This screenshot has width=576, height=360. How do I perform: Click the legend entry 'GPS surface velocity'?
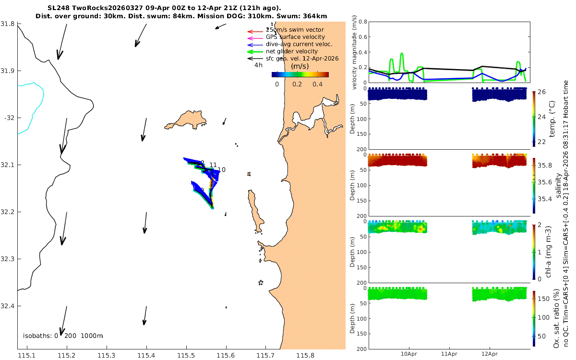[295, 37]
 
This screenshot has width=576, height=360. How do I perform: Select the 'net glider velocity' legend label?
[292, 51]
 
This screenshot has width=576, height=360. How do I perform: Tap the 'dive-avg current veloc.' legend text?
[299, 44]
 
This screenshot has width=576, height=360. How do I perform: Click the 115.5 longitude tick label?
[186, 356]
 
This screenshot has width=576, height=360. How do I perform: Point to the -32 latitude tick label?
[9, 118]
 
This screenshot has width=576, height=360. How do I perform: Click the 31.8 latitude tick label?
[8, 24]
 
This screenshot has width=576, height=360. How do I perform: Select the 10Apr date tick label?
[409, 354]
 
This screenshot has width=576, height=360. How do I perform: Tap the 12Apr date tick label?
[489, 354]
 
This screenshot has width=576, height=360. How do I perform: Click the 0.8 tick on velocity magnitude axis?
[363, 22]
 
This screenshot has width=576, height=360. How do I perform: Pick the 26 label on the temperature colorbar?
[541, 92]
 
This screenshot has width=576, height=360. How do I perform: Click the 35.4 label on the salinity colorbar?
[545, 199]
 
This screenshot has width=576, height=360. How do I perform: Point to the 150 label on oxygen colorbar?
[543, 299]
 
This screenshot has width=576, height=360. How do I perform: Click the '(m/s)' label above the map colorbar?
[300, 66]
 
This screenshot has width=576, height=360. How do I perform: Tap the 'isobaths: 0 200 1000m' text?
[63, 336]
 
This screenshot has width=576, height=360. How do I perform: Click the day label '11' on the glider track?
[213, 165]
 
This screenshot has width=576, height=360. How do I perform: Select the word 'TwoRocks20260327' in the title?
[107, 8]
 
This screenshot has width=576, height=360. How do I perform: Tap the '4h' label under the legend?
[258, 65]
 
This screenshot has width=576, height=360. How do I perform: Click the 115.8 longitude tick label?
[305, 356]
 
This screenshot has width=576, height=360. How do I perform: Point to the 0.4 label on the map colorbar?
[317, 84]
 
